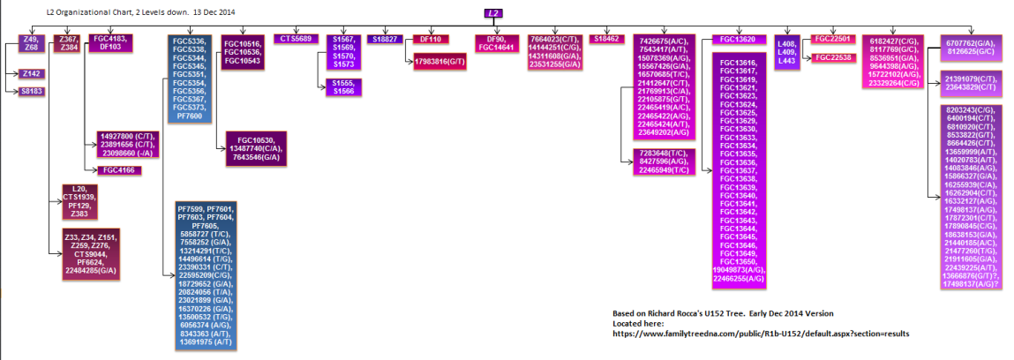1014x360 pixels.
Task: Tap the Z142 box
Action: pyautogui.click(x=33, y=74)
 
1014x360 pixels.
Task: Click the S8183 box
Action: pyautogui.click(x=33, y=92)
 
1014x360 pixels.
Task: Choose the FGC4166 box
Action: pyautogui.click(x=117, y=169)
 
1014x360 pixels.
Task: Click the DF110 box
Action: pyautogui.click(x=431, y=39)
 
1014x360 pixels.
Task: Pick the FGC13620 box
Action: pyautogui.click(x=738, y=40)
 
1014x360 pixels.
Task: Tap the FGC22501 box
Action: pyautogui.click(x=830, y=39)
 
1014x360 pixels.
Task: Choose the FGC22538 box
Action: pyautogui.click(x=830, y=57)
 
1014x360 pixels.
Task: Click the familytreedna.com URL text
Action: pyautogui.click(x=761, y=334)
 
